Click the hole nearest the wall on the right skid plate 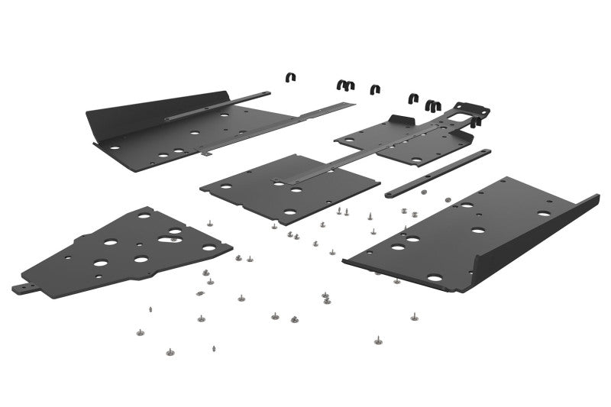click(543, 214)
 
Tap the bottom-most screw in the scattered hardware click(170, 352)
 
